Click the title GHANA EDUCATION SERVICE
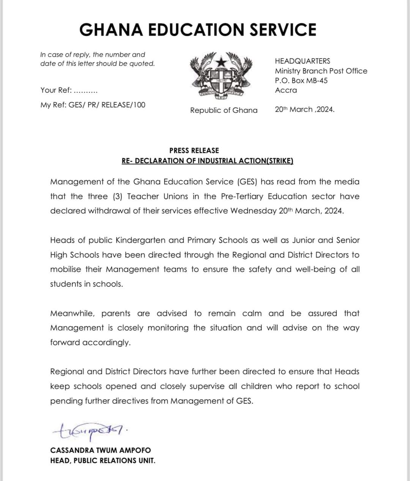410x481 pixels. pos(198,30)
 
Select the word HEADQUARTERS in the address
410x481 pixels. pos(303,61)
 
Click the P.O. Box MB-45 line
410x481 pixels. pos(301,81)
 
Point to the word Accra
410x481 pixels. pos(286,90)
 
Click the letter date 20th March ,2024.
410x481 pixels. pos(304,109)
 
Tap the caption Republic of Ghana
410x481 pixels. pos(224,110)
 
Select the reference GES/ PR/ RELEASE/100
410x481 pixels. pos(107,105)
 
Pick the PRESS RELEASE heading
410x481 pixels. pos(194,150)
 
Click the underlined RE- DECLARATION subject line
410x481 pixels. pos(207,161)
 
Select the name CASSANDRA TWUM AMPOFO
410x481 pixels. pos(100,450)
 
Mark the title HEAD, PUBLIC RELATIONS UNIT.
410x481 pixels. pos(102,460)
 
